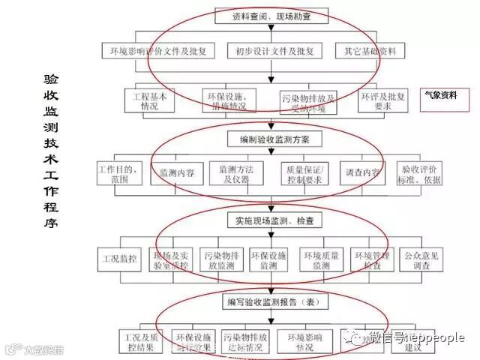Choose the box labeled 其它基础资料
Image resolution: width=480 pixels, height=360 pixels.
pyautogui.click(x=370, y=52)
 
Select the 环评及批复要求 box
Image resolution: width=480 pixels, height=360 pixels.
pyautogui.click(x=383, y=100)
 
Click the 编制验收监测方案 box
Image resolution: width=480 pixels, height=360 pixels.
pyautogui.click(x=274, y=139)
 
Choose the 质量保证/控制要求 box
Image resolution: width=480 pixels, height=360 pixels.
pyautogui.click(x=303, y=174)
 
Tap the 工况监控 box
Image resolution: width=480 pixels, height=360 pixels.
pyautogui.click(x=120, y=259)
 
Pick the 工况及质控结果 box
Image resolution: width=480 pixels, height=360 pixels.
pyautogui.click(x=141, y=342)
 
